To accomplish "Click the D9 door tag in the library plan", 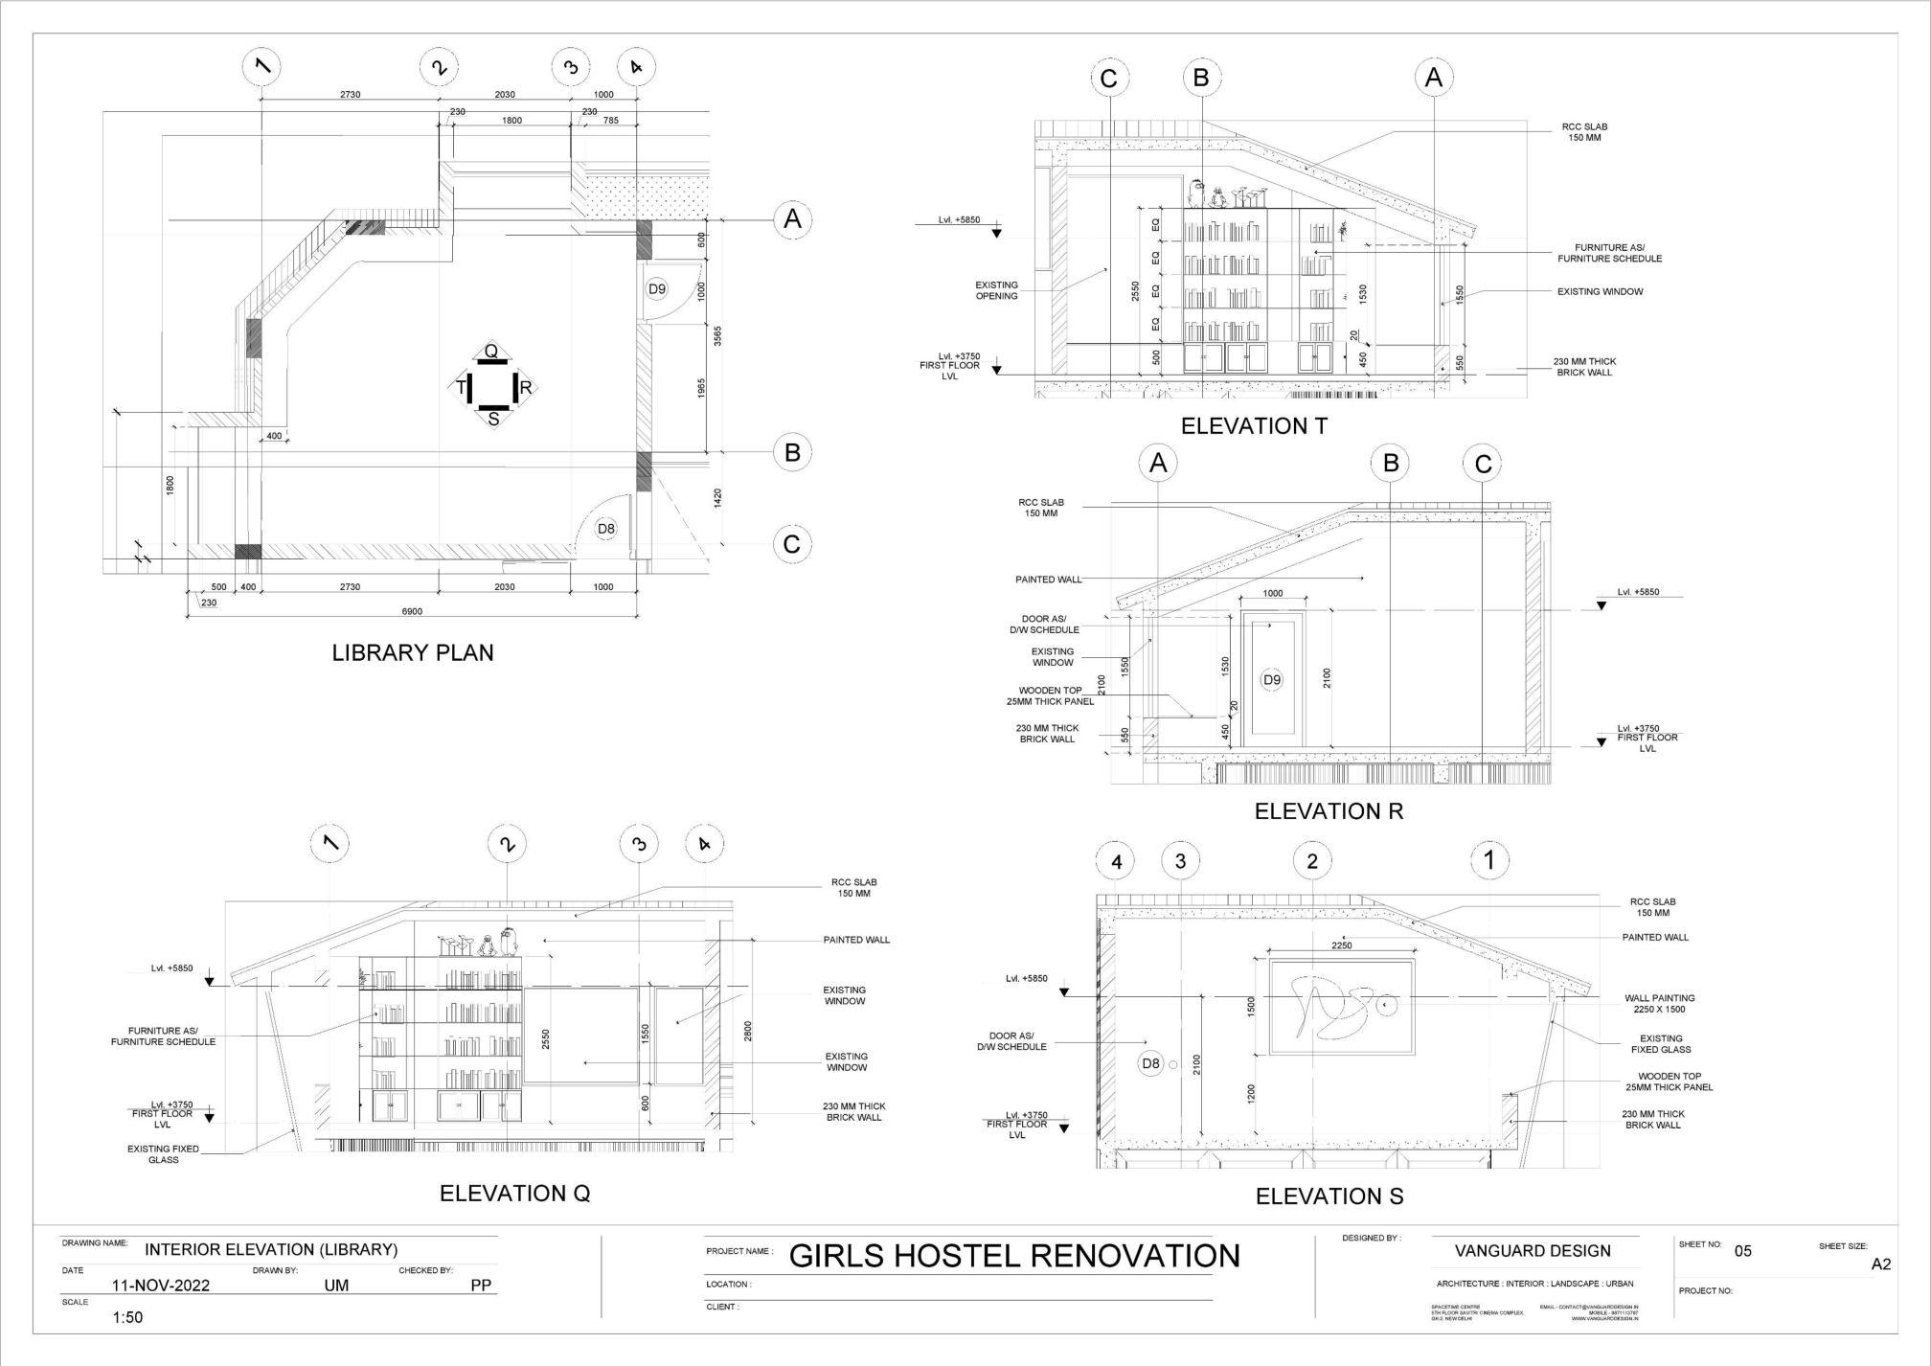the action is tap(656, 288).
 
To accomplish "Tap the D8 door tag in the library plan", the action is tap(605, 529).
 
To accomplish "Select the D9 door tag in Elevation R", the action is tap(1271, 680).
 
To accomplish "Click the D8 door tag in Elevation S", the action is tap(1150, 1063).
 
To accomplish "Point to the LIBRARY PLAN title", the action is tap(413, 653).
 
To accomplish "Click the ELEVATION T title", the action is tap(1254, 427).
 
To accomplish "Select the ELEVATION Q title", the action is tap(514, 1194).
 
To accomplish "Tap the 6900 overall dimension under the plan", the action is tap(412, 611).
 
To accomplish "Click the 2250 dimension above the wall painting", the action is tap(1342, 945).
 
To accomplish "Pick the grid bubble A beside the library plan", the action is tap(792, 219).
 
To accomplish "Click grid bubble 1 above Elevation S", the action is tap(1488, 860).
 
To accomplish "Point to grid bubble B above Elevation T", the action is tap(1202, 78).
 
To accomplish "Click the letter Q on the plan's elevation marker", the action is tap(491, 352).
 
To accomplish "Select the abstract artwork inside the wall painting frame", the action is tap(1342, 1006).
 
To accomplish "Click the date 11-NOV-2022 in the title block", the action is tap(161, 1286).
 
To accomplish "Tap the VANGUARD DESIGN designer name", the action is tap(1533, 1251).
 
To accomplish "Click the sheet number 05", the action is tap(1742, 1251).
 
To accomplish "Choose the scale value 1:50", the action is tap(127, 1318).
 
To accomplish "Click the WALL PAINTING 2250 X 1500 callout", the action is tap(1659, 1004).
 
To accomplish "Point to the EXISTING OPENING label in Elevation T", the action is tap(996, 290).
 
